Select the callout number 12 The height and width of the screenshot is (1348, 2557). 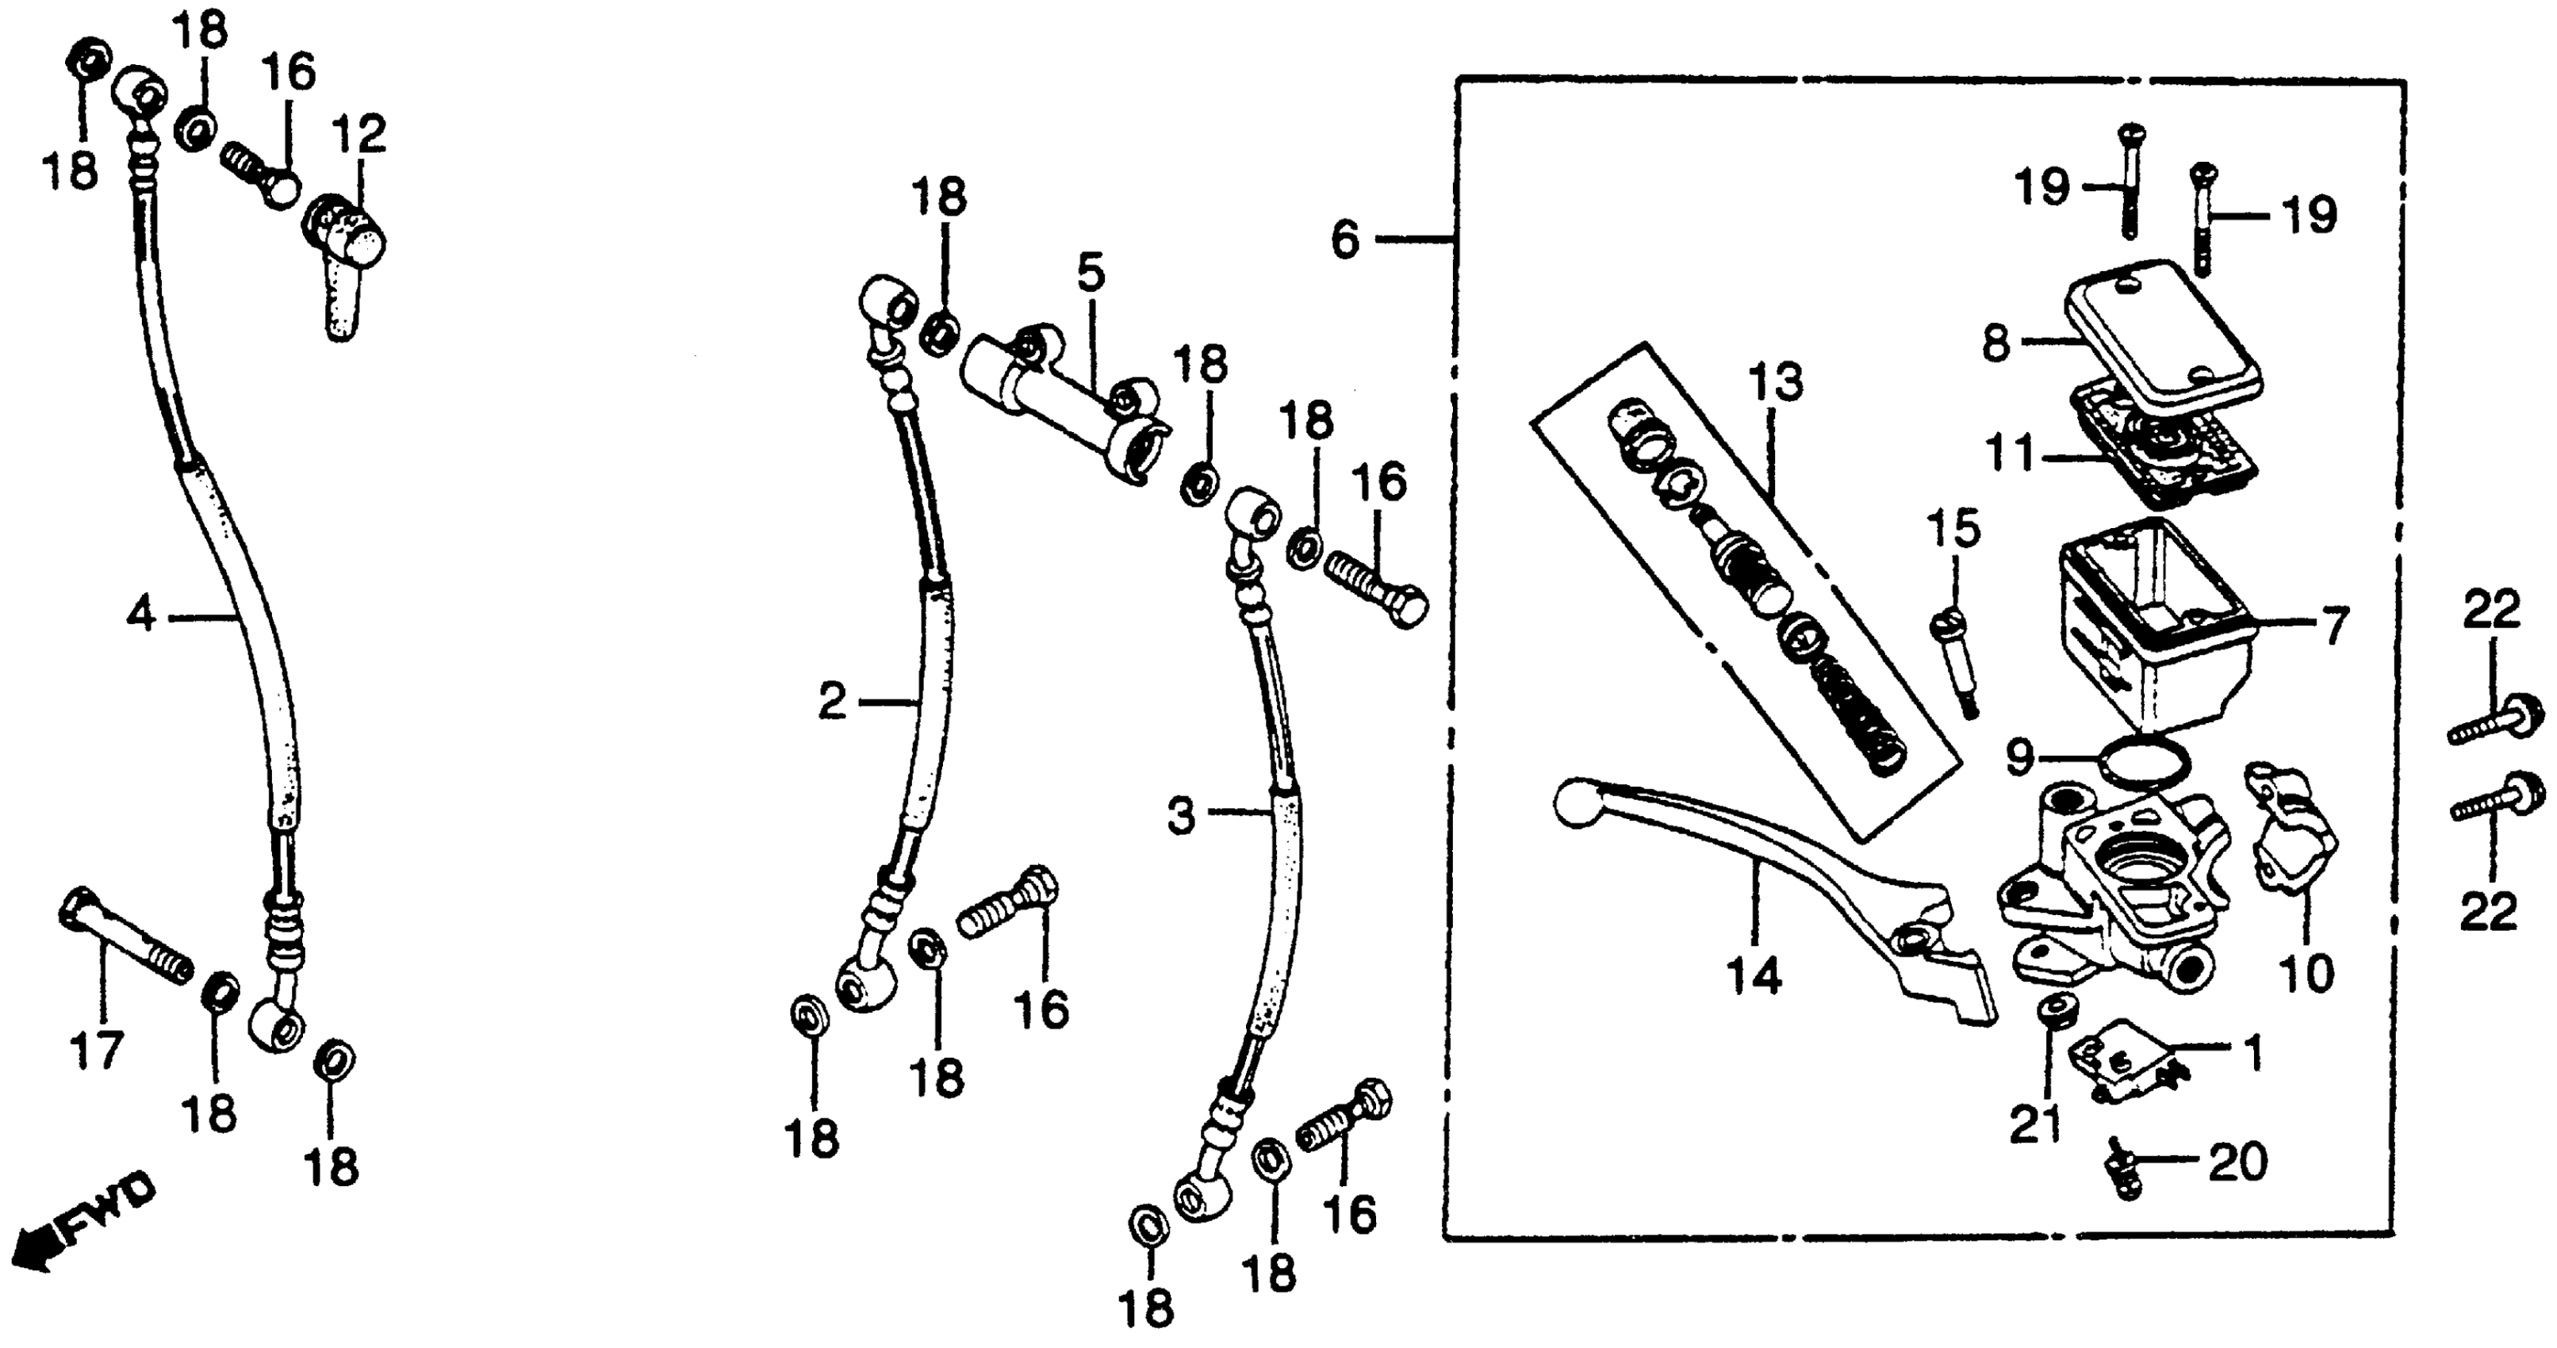pos(358,134)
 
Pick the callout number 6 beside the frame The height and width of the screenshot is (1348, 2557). pos(1344,239)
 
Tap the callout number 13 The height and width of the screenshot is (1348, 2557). pos(1776,381)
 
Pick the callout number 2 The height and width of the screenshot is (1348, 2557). pos(832,703)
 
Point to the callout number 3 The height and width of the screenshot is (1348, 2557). pos(1180,816)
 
